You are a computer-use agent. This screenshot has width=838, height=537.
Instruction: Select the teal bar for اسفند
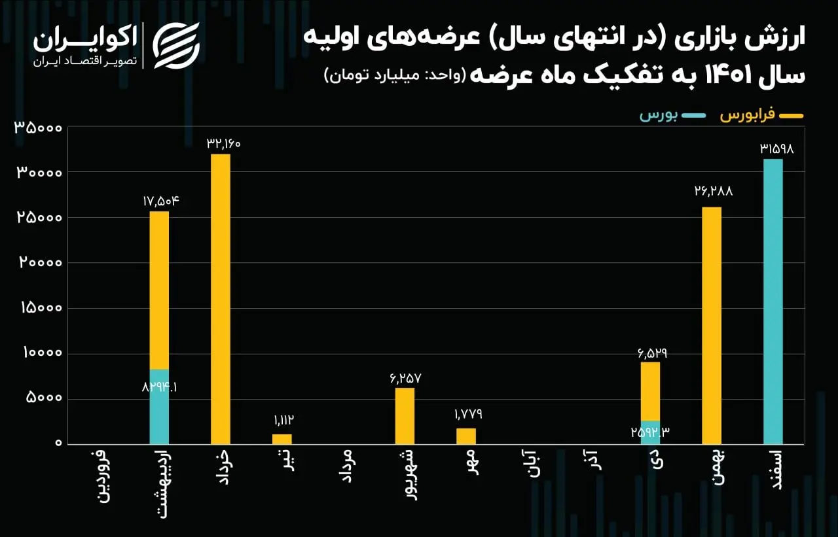773,302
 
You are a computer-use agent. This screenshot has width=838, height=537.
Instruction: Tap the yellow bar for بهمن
712,325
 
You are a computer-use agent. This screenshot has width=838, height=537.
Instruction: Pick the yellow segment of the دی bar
650,391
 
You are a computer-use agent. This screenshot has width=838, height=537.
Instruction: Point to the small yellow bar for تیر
282,439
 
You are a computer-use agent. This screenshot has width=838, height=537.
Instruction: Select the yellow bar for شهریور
405,415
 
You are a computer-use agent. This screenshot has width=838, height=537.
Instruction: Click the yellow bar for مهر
466,436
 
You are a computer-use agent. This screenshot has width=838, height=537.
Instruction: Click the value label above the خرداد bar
221,143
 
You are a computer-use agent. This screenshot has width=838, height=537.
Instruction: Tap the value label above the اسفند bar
776,148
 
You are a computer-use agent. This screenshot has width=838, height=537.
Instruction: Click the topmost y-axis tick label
38,128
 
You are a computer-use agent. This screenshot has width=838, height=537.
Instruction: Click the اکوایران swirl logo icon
175,44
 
